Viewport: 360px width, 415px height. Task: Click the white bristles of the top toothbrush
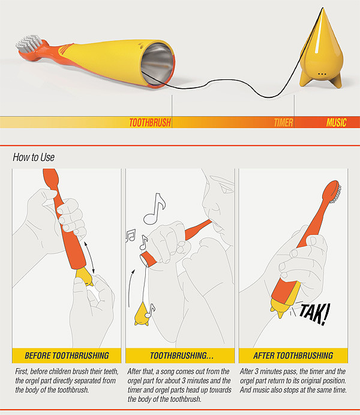29,43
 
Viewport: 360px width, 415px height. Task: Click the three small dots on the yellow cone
322,74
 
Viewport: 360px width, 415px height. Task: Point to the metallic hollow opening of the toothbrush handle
158,64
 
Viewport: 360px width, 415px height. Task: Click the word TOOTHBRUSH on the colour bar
150,123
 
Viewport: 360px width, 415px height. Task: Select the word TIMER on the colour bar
283,123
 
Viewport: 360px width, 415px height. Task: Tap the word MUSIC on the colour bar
336,123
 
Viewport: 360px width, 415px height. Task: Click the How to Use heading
34,157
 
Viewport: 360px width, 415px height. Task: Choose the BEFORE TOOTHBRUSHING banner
67,356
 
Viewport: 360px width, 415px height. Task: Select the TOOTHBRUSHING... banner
180,356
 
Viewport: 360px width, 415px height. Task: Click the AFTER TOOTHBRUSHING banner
293,356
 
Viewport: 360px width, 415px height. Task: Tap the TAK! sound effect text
314,314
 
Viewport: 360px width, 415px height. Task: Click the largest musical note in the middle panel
155,209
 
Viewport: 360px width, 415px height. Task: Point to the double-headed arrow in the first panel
89,257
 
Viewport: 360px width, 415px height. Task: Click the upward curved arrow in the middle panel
130,288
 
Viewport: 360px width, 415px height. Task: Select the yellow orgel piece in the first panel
85,277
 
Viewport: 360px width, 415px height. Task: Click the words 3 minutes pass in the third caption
275,371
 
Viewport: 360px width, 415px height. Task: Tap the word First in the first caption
22,371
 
